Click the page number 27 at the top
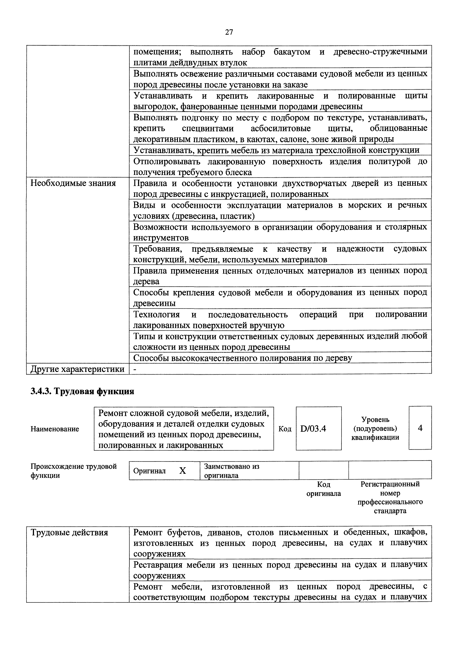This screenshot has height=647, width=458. pyautogui.click(x=229, y=32)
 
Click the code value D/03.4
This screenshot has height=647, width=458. pyautogui.click(x=313, y=429)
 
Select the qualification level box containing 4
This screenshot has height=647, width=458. pyautogui.click(x=420, y=428)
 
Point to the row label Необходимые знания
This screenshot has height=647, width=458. pyautogui.click(x=73, y=183)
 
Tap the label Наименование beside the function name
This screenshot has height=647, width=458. pyautogui.click(x=55, y=429)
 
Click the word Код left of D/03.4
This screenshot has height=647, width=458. pyautogui.click(x=285, y=429)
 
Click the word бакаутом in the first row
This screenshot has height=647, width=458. pyautogui.click(x=292, y=52)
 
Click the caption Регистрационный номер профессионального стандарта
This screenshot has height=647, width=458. pyautogui.click(x=390, y=497)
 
